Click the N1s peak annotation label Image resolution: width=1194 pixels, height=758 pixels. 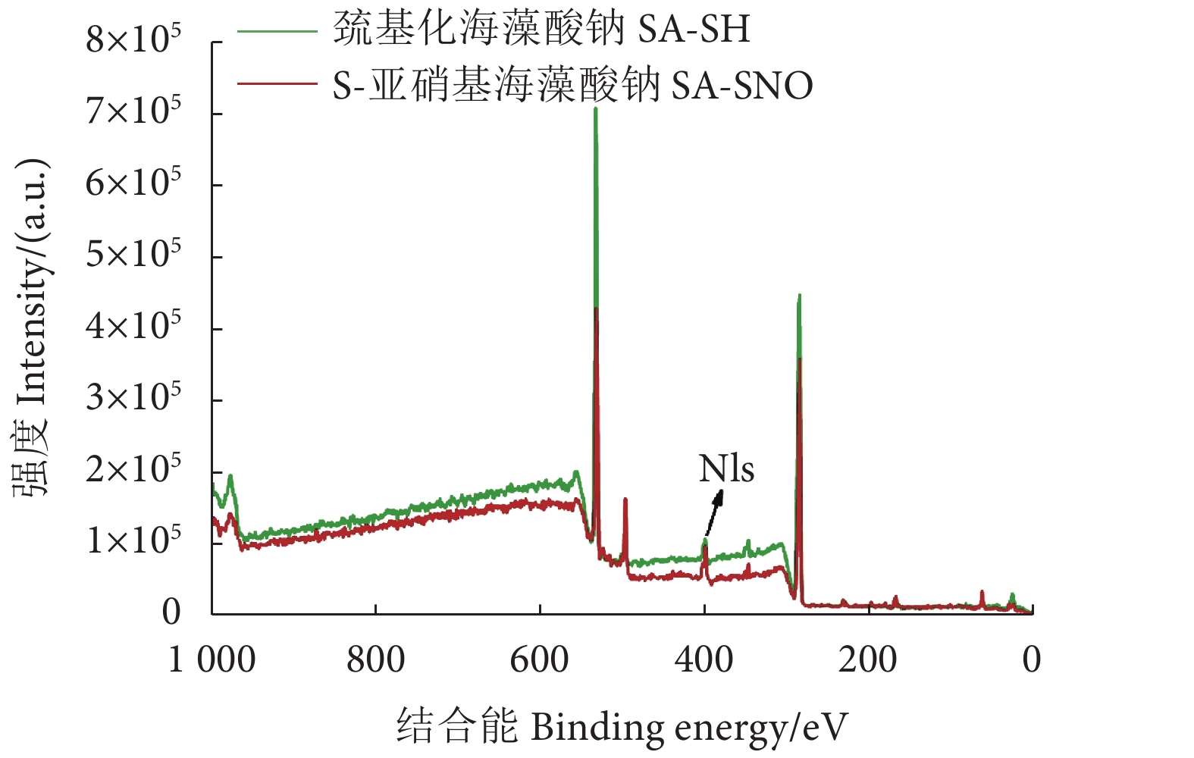coord(726,469)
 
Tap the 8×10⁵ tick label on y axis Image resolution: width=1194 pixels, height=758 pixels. coord(133,39)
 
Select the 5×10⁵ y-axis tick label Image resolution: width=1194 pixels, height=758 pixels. coord(133,254)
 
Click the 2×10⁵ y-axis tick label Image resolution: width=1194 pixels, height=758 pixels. coord(133,469)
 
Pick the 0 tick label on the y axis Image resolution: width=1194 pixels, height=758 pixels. coord(171,612)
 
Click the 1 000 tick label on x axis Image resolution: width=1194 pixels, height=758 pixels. coord(212,659)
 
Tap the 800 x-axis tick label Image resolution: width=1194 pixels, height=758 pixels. coord(375,659)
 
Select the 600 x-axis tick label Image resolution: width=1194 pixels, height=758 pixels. coord(539,659)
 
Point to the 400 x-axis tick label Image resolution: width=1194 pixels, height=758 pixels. coord(704,659)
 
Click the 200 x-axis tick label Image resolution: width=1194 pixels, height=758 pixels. coord(867,659)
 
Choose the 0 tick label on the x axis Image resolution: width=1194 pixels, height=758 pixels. coord(1031,659)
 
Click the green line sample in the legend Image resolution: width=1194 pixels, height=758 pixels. coord(277,31)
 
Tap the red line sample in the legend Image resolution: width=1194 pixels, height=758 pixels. coord(277,83)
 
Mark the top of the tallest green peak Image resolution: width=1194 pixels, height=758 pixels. coord(595,108)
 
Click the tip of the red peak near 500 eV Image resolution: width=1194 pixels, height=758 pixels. coord(625,499)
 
